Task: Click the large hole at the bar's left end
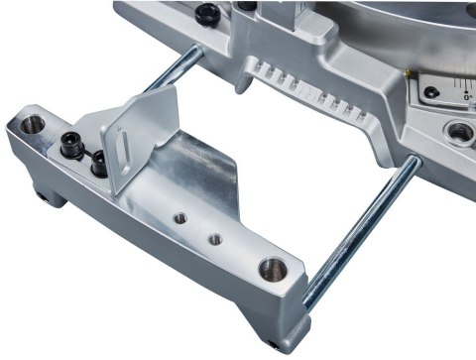coord(33,125)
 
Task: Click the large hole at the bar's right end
coord(271,268)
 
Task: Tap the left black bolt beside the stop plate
coord(72,145)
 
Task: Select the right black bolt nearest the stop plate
coord(99,163)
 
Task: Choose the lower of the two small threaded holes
coord(214,238)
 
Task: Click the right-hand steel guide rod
coord(367,229)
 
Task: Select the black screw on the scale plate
coord(431,93)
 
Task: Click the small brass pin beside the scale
coord(408,75)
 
